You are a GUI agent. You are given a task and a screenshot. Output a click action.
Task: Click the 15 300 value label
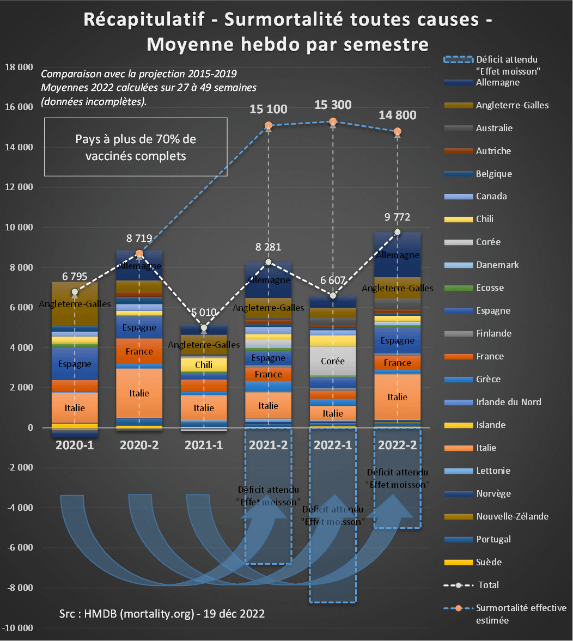coord(333,105)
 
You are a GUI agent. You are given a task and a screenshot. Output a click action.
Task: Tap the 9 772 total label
coord(397,217)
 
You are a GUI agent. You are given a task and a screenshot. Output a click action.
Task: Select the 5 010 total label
coord(204,313)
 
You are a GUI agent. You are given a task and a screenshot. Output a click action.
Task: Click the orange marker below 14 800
coord(398,131)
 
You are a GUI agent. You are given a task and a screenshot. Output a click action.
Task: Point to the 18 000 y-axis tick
coord(18,67)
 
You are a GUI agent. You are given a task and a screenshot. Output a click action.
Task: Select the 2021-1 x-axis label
coord(204,444)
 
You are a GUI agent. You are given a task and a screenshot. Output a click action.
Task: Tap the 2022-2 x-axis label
coord(398,444)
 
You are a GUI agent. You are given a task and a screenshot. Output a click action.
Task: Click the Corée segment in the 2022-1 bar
coord(333,361)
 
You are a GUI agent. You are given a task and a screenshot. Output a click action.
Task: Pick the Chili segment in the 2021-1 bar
coord(204,365)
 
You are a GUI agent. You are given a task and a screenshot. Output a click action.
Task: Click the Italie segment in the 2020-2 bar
coord(139,393)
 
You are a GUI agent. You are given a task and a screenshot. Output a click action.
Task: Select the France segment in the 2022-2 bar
coord(398,363)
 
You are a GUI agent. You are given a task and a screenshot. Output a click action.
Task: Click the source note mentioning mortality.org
coord(162,613)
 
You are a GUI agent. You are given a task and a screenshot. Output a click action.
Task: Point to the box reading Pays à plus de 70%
coord(136,147)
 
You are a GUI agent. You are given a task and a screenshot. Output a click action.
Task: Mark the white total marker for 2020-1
coord(75,292)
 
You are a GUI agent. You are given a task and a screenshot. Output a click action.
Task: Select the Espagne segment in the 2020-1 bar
coord(75,364)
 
